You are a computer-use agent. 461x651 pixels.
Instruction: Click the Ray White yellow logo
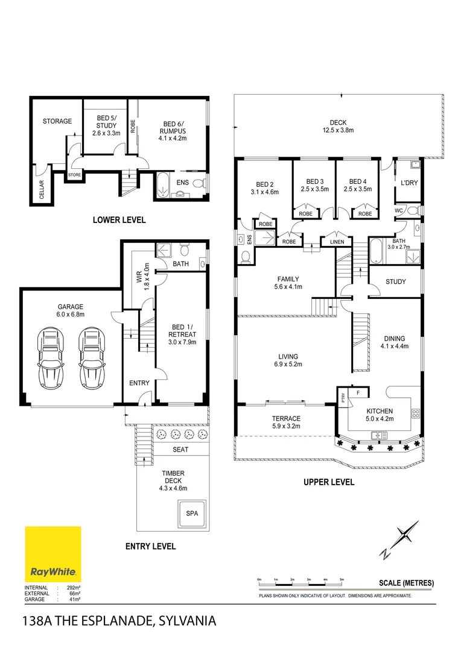point(52,554)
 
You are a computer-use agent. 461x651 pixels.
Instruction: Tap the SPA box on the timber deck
point(192,514)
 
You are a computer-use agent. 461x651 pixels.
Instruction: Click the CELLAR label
point(42,189)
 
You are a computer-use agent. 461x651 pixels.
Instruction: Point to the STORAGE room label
point(57,121)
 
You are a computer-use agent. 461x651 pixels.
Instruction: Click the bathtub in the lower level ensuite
point(163,186)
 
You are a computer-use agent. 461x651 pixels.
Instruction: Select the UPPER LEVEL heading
point(329,482)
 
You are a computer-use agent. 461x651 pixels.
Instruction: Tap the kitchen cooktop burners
point(415,413)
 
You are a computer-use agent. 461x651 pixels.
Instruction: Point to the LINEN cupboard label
point(337,242)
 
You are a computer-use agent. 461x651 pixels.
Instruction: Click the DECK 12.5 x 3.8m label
point(338,126)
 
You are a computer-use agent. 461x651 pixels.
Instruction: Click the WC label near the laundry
point(399,210)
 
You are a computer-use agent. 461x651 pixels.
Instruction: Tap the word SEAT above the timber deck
point(180,449)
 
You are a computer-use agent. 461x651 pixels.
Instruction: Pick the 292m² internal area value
point(74,588)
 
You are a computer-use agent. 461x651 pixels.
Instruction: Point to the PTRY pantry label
point(343,398)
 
